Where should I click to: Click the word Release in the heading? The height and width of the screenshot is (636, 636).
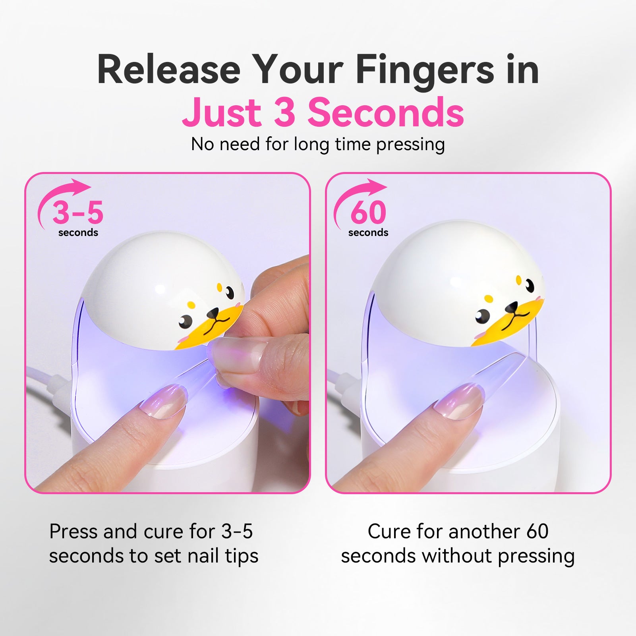click(168, 70)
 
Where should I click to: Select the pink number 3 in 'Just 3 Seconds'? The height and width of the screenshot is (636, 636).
click(285, 112)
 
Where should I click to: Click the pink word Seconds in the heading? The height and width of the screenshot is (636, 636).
click(385, 112)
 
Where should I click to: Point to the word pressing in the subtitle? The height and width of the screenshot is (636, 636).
click(410, 145)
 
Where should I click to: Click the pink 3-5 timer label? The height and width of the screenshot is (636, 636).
click(78, 212)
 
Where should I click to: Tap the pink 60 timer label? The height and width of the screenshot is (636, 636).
click(368, 212)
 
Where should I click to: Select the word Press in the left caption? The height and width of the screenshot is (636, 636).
click(73, 531)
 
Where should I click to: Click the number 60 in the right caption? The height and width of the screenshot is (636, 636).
click(537, 531)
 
